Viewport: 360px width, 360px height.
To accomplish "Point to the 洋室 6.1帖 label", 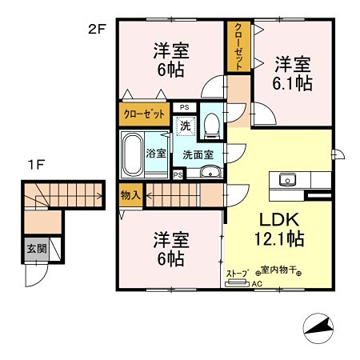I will click(294, 72).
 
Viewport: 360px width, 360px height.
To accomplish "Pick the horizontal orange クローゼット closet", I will click(145, 114).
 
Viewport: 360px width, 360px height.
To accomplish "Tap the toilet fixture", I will click(211, 124).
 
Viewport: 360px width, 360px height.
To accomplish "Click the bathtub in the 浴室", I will click(132, 153).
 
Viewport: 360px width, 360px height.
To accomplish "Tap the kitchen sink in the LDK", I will click(286, 179).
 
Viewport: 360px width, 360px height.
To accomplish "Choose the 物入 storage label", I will click(130, 194).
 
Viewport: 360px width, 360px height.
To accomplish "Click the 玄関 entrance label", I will click(35, 249).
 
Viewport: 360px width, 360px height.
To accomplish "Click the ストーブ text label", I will click(238, 273).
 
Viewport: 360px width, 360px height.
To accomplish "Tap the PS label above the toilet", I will click(185, 106).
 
